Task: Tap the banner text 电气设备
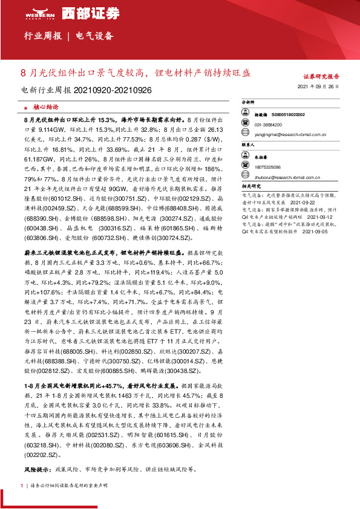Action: click(x=95, y=36)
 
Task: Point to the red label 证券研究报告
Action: click(x=321, y=77)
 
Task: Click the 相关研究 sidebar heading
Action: click(x=250, y=187)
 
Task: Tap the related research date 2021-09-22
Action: click(x=303, y=203)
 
